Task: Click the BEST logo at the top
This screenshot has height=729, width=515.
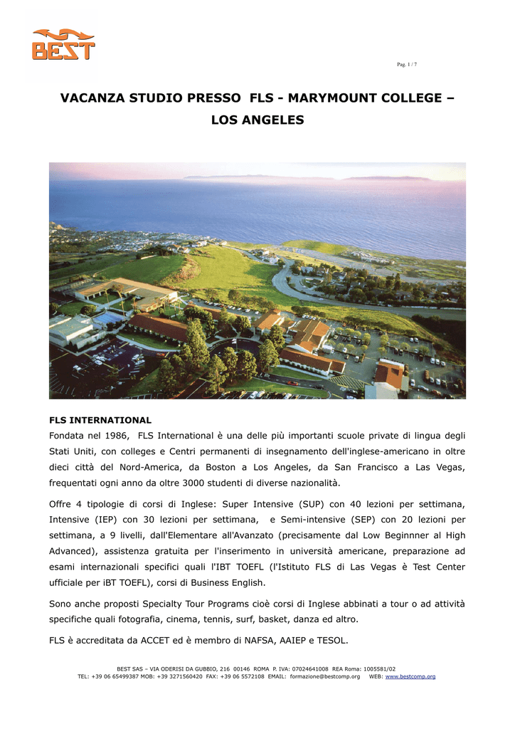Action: point(63,43)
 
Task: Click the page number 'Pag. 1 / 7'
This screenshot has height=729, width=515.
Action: point(407,65)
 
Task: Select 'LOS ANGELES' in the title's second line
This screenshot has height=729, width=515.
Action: point(257,120)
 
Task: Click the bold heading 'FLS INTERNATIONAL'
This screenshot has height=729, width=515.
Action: point(100,420)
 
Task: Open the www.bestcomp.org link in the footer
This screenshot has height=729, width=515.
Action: point(410,676)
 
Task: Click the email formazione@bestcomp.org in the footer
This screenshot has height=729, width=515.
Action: point(324,676)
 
